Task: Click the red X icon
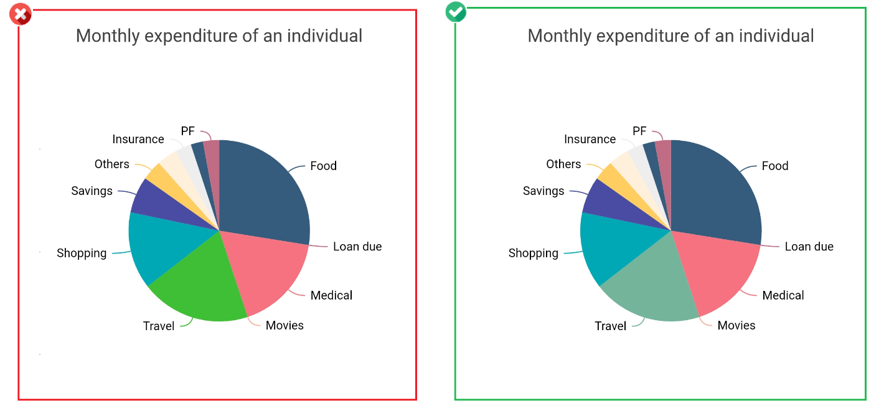pyautogui.click(x=21, y=14)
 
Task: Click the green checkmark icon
pyautogui.click(x=456, y=11)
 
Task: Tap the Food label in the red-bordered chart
pyautogui.click(x=323, y=166)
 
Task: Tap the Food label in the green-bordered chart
pyautogui.click(x=775, y=166)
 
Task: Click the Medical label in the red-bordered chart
pyautogui.click(x=331, y=295)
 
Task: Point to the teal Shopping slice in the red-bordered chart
pyautogui.click(x=162, y=243)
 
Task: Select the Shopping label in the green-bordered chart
pyautogui.click(x=533, y=253)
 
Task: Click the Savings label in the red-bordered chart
pyautogui.click(x=92, y=191)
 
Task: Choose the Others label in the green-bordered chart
pyautogui.click(x=563, y=164)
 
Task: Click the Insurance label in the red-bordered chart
pyautogui.click(x=138, y=139)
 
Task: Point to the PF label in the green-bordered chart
pyautogui.click(x=639, y=131)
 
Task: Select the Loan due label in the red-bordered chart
pyautogui.click(x=357, y=247)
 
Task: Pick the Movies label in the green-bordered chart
pyautogui.click(x=736, y=325)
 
